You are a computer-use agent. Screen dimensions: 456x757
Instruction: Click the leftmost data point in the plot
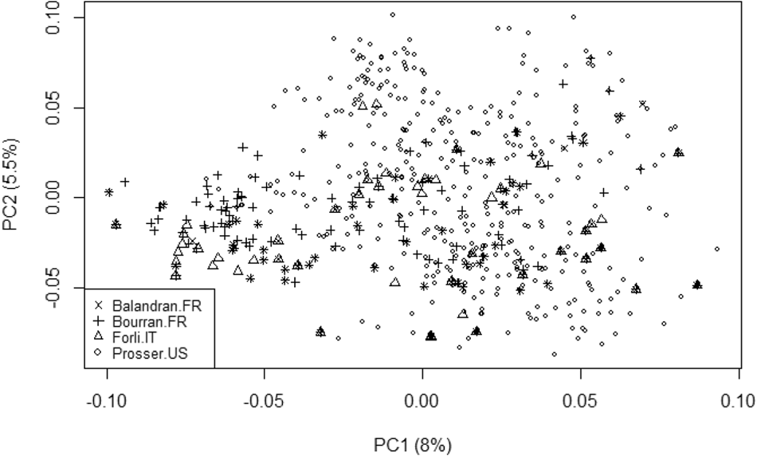pos(108,192)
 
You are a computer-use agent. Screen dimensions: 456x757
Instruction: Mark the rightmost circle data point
pos(717,249)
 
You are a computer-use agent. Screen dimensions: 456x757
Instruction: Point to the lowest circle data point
pos(554,354)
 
